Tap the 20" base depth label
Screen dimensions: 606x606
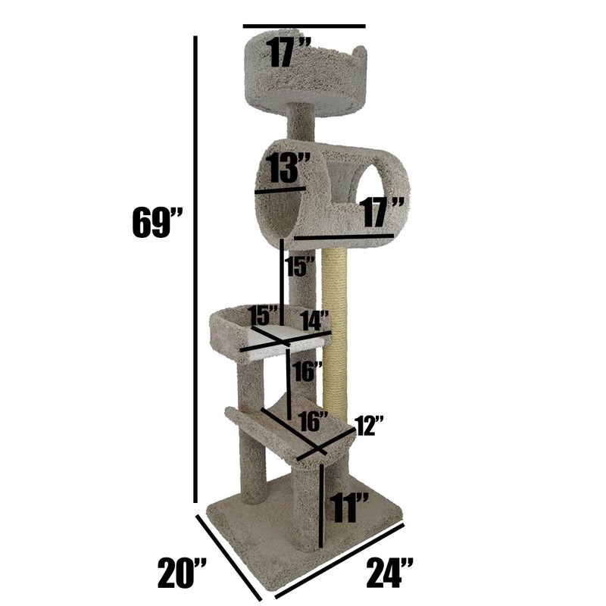183,573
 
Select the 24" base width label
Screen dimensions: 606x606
391,573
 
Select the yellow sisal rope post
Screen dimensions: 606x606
334,318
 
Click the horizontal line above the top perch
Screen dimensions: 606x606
304,27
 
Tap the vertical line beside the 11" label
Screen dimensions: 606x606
322,506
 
